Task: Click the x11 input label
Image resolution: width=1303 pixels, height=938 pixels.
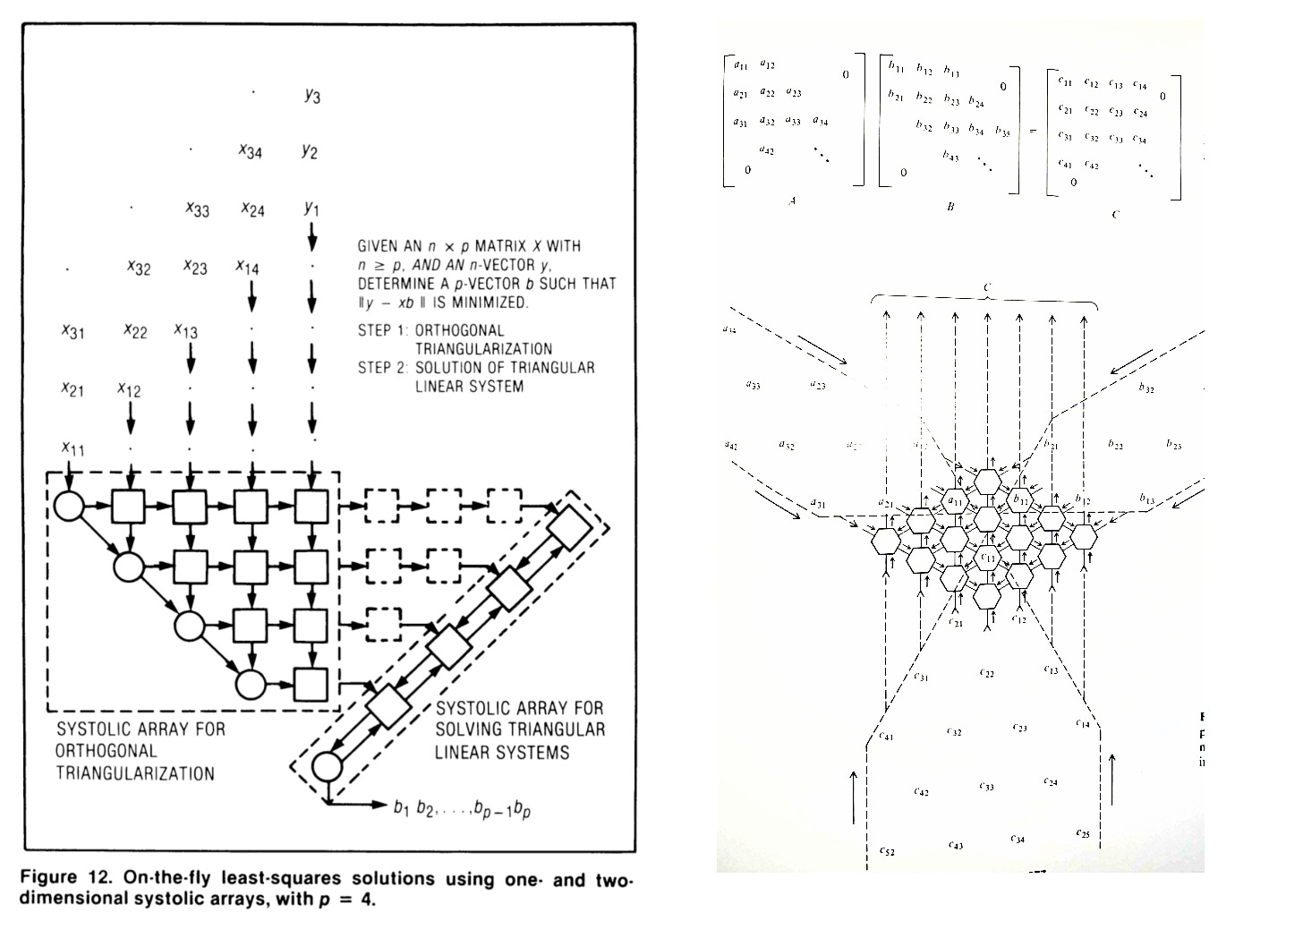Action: tap(72, 448)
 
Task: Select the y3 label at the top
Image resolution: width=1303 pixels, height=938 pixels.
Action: tap(311, 95)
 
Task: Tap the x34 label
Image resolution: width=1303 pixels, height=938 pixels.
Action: tap(251, 151)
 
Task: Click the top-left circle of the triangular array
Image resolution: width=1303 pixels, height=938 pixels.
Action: tap(69, 507)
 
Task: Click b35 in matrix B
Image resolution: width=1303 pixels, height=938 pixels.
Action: tap(1003, 132)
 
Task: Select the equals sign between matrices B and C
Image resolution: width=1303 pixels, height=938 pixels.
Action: tap(1032, 131)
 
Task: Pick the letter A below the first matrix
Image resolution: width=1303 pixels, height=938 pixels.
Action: tap(791, 202)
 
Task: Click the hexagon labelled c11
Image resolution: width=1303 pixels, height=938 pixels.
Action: tap(987, 559)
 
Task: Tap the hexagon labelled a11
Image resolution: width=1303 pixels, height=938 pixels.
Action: tap(955, 500)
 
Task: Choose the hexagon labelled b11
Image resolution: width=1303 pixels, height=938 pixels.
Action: tap(1019, 500)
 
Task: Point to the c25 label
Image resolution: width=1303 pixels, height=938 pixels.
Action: tap(1084, 833)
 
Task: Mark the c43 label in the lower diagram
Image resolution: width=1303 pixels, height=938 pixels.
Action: tap(956, 845)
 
